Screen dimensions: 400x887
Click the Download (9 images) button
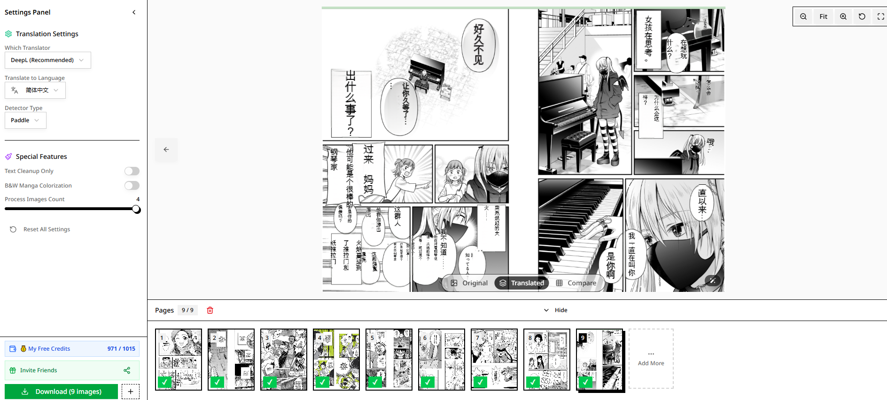pyautogui.click(x=61, y=392)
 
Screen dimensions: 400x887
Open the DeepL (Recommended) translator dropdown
pyautogui.click(x=47, y=60)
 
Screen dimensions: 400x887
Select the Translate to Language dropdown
pyautogui.click(x=35, y=90)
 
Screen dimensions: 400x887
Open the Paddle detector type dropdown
pyautogui.click(x=25, y=120)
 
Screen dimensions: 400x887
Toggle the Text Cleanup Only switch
pyautogui.click(x=132, y=171)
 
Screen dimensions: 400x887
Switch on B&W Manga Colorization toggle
pyautogui.click(x=132, y=186)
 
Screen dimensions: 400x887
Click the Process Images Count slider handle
pyautogui.click(x=136, y=209)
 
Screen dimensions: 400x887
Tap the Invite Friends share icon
pyautogui.click(x=127, y=370)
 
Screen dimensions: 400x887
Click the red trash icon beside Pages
pyautogui.click(x=210, y=310)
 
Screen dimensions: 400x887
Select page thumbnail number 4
pyautogui.click(x=336, y=360)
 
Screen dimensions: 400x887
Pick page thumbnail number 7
pyautogui.click(x=494, y=360)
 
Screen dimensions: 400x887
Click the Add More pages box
pyautogui.click(x=651, y=359)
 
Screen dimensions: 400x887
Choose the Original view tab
pyautogui.click(x=469, y=283)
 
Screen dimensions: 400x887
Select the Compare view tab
pyautogui.click(x=576, y=283)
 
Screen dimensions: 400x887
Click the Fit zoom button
pyautogui.click(x=823, y=16)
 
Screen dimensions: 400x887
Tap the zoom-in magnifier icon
pyautogui.click(x=843, y=16)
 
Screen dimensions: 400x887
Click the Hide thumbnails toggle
pyautogui.click(x=556, y=310)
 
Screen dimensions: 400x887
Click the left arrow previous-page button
pyautogui.click(x=166, y=149)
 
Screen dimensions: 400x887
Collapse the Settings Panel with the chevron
pyautogui.click(x=134, y=12)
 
